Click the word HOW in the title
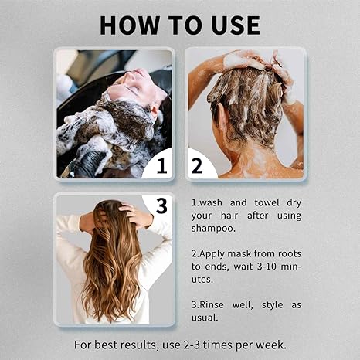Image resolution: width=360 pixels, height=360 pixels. pos(129,24)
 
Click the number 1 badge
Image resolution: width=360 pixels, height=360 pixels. pos(161,165)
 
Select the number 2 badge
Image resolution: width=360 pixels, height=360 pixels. pos(196,165)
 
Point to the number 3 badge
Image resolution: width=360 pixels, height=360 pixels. pos(161,206)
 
